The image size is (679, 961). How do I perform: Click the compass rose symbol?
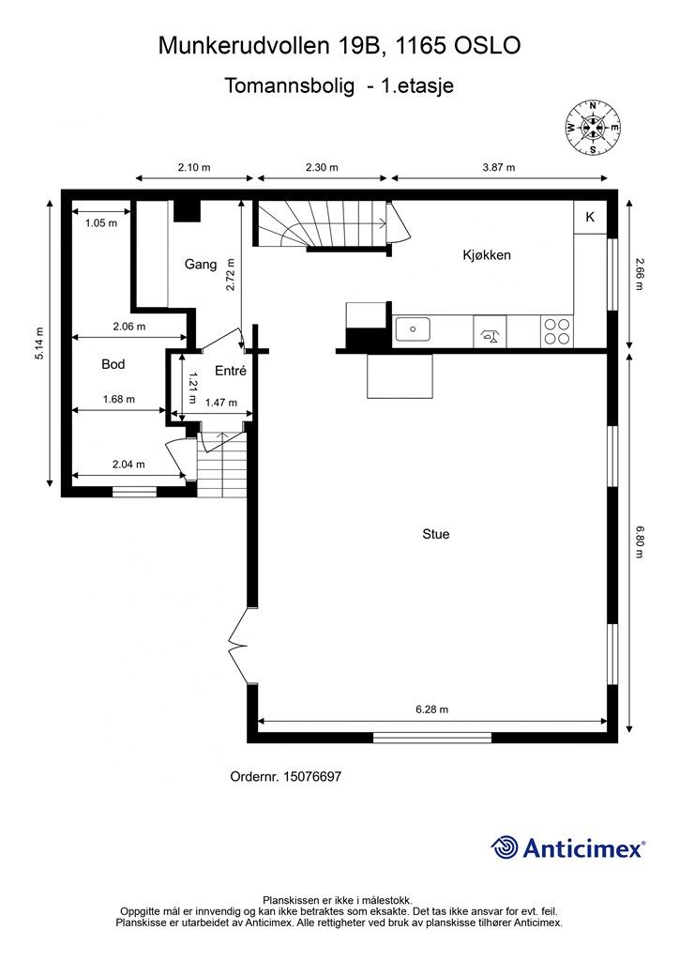tap(592, 128)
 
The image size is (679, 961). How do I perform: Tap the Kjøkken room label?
tap(487, 255)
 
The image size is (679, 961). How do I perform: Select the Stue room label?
tap(436, 534)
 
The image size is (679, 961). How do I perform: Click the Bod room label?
tap(113, 364)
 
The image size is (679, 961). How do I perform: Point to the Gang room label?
tap(201, 264)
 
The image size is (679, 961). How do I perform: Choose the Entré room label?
tap(231, 371)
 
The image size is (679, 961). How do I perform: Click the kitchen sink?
tap(413, 329)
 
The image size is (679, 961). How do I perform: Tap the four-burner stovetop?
tap(556, 331)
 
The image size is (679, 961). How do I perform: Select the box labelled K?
tap(590, 217)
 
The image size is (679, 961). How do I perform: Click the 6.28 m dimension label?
tap(431, 709)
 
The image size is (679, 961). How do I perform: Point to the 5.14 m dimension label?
tap(39, 343)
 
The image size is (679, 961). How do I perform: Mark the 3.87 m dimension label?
tap(499, 167)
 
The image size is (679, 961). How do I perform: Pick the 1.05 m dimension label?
tap(101, 223)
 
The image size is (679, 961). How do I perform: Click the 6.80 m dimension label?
tap(640, 542)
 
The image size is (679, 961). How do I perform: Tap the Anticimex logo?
tap(567, 847)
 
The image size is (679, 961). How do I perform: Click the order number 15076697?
tap(312, 776)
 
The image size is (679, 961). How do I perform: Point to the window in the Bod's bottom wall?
tap(134, 491)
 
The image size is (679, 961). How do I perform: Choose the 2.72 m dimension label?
tap(230, 275)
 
